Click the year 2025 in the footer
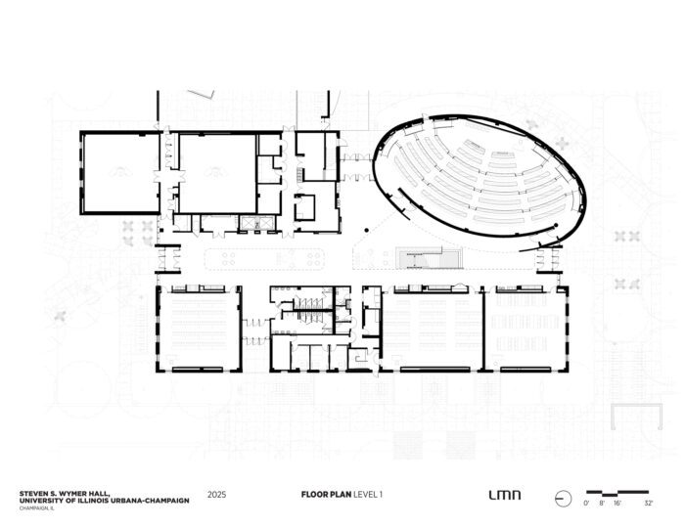click(x=216, y=495)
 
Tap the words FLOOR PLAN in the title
click(x=326, y=495)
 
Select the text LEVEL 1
click(x=368, y=495)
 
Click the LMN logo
click(x=505, y=496)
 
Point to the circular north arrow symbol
click(x=563, y=499)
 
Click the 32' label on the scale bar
click(x=648, y=504)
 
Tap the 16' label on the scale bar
click(x=616, y=504)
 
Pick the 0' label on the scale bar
click(x=586, y=504)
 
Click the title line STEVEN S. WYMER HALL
click(x=65, y=493)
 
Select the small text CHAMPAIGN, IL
click(x=37, y=508)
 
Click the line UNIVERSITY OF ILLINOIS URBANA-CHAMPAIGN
click(x=105, y=501)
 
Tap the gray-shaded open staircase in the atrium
click(x=429, y=257)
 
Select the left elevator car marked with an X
click(x=249, y=224)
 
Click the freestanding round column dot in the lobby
click(x=367, y=230)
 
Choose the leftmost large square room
click(x=120, y=173)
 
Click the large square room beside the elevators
click(x=217, y=173)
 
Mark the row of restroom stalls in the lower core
click(x=308, y=303)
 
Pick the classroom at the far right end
click(x=525, y=330)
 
